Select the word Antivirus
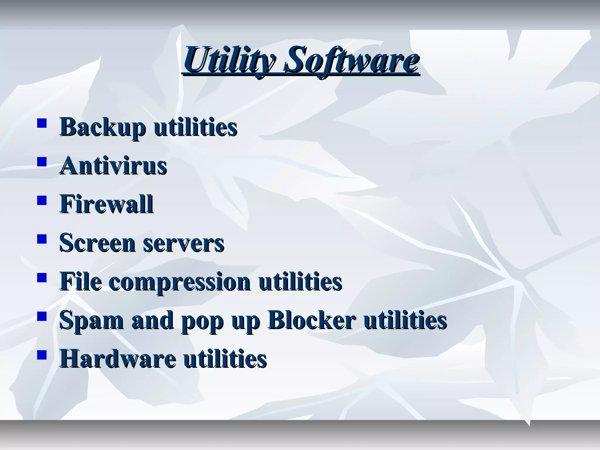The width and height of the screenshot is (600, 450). (x=113, y=166)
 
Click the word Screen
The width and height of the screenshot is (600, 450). (x=97, y=243)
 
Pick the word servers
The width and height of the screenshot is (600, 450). (x=184, y=243)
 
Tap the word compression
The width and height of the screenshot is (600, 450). (x=180, y=282)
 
